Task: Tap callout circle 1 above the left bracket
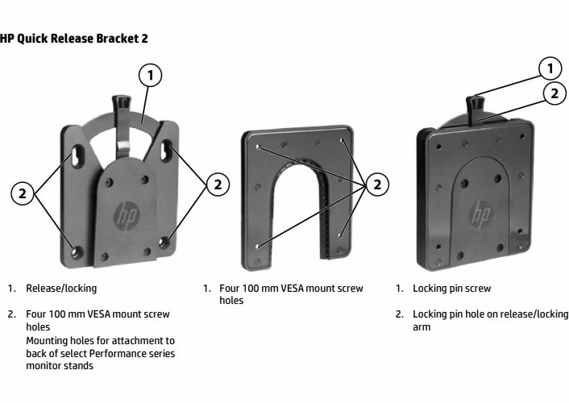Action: click(x=150, y=75)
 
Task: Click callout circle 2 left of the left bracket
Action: click(x=23, y=193)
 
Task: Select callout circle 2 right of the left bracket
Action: click(x=218, y=185)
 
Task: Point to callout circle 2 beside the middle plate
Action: click(x=377, y=185)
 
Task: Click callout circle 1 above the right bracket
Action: click(x=550, y=69)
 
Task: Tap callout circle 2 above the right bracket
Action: click(x=554, y=93)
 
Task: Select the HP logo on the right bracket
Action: click(x=480, y=214)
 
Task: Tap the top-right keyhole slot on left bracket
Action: click(x=166, y=150)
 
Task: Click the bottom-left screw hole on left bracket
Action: click(x=77, y=251)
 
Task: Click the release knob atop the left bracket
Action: click(x=121, y=102)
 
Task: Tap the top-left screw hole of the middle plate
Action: click(x=258, y=147)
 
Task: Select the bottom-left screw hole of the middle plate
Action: click(x=257, y=247)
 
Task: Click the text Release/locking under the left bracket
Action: click(x=61, y=289)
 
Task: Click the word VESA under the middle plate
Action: click(x=286, y=289)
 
